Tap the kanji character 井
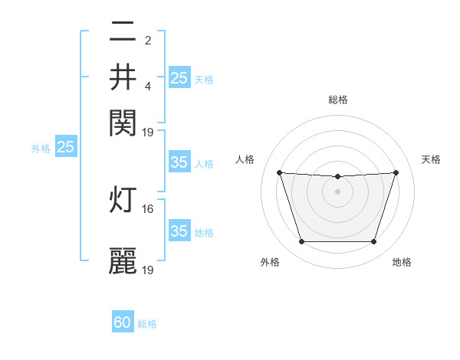click(x=123, y=77)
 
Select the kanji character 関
click(x=123, y=121)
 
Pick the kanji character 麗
click(x=123, y=260)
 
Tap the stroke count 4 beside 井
click(x=148, y=86)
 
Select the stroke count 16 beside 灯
click(x=149, y=208)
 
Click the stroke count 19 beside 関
click(x=149, y=132)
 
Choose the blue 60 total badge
click(x=123, y=322)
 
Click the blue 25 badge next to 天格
click(x=179, y=77)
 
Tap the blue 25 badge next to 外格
click(x=65, y=147)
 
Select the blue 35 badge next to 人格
click(x=179, y=162)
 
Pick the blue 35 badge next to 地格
click(x=179, y=231)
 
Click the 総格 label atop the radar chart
click(x=338, y=100)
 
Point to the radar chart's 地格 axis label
click(x=402, y=262)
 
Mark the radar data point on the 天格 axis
click(x=396, y=172)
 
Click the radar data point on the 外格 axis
click(x=301, y=242)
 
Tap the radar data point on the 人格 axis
click(x=279, y=172)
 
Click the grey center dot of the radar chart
click(x=338, y=191)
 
